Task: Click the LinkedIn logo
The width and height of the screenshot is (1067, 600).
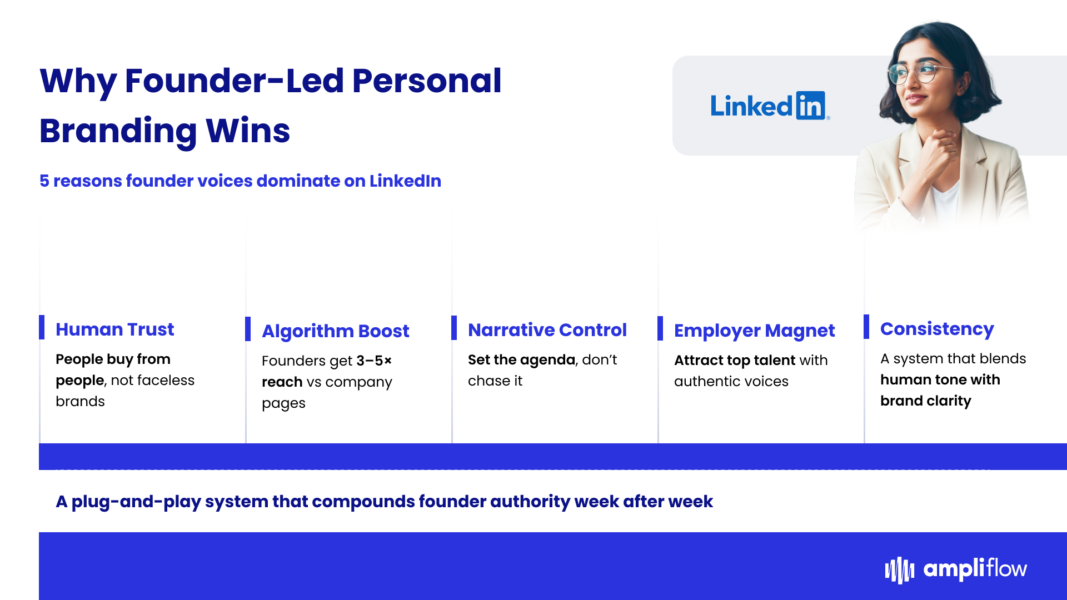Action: click(x=770, y=106)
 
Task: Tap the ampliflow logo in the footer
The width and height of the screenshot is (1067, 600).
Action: click(x=956, y=569)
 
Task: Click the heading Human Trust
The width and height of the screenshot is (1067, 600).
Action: click(x=115, y=329)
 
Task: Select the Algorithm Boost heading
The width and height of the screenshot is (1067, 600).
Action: click(x=336, y=332)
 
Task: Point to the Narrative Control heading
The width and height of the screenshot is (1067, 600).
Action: click(x=547, y=330)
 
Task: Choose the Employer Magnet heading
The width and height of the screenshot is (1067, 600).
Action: click(x=755, y=331)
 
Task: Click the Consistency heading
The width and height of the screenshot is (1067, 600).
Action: click(x=937, y=329)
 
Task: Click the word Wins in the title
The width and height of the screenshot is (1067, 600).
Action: click(x=248, y=131)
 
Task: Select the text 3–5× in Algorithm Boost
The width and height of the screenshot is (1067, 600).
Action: click(x=374, y=361)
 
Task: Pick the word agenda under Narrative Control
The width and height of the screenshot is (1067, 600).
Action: click(x=547, y=361)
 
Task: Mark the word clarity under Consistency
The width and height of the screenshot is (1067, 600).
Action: click(x=949, y=401)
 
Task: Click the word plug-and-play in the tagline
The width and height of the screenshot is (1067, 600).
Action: click(x=136, y=502)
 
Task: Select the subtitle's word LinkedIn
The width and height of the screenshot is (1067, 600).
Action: click(x=405, y=181)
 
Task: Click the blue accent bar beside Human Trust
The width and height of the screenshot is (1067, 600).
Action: click(x=42, y=327)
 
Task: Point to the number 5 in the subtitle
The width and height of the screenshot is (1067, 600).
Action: click(x=44, y=181)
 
